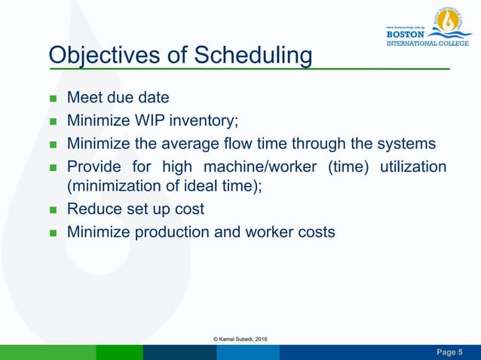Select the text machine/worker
point(249,166)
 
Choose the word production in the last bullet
point(170,232)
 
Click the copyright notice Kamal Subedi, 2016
point(240,341)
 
